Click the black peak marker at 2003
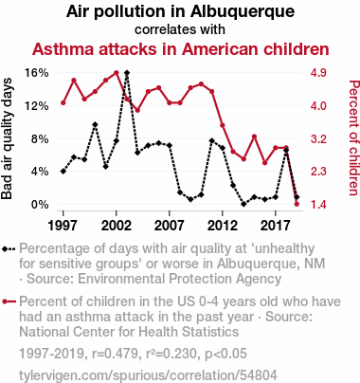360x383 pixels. point(127,73)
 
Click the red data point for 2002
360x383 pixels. point(117,73)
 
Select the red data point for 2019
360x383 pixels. point(297,204)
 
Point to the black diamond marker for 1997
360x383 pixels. point(63,172)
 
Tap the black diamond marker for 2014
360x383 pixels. point(243,204)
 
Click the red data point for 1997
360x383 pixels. point(63,102)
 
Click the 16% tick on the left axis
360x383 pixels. point(37,73)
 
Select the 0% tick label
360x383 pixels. point(40,205)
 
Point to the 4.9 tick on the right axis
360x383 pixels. point(318,73)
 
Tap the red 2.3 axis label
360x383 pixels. point(318,172)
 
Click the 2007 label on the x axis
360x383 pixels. point(170,226)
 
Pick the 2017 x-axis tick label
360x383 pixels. point(276,226)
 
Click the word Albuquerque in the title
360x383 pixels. point(243,12)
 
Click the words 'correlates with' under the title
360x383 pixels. point(180,29)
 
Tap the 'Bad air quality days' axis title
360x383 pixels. point(7,138)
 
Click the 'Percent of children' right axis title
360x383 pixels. point(353,138)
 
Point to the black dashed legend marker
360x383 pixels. point(9,249)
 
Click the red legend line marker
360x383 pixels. point(9,301)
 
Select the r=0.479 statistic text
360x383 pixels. point(115,354)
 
